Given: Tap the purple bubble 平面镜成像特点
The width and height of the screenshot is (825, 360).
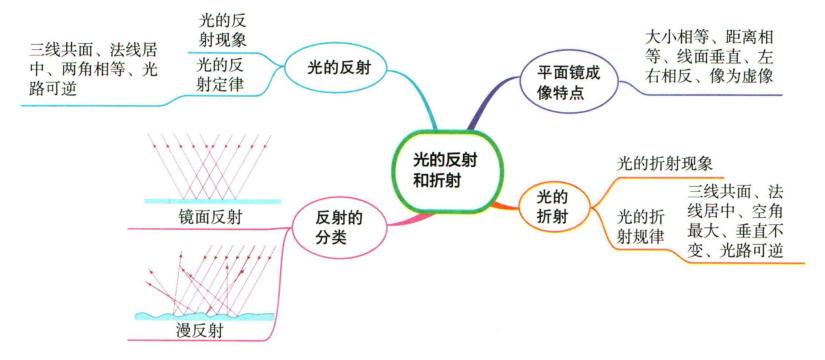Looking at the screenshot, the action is pyautogui.click(x=565, y=81).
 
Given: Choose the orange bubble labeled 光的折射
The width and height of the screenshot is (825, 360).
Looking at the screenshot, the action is pyautogui.click(x=552, y=206).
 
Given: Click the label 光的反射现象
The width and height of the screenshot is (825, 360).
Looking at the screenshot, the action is pyautogui.click(x=223, y=29).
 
